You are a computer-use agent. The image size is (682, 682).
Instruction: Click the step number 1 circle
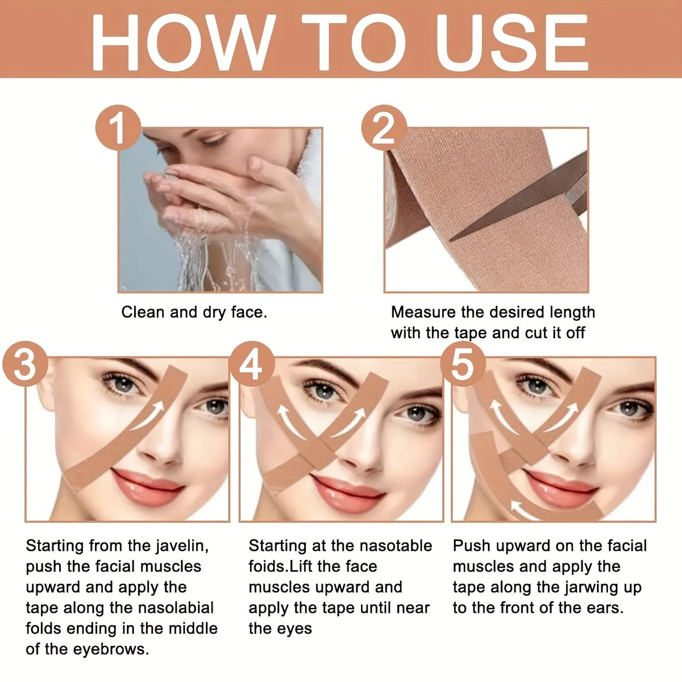pos(118,127)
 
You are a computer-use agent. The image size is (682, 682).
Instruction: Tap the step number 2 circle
pos(384,127)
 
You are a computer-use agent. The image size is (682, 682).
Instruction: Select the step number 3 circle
pos(25,364)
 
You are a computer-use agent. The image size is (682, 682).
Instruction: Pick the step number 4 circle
pos(252,364)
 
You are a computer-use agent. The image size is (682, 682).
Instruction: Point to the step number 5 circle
pos(463,364)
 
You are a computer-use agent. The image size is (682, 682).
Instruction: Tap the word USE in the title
pos(513,43)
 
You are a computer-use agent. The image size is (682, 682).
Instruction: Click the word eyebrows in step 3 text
pos(111,650)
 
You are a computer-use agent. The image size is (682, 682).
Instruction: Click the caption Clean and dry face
pos(194,313)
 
